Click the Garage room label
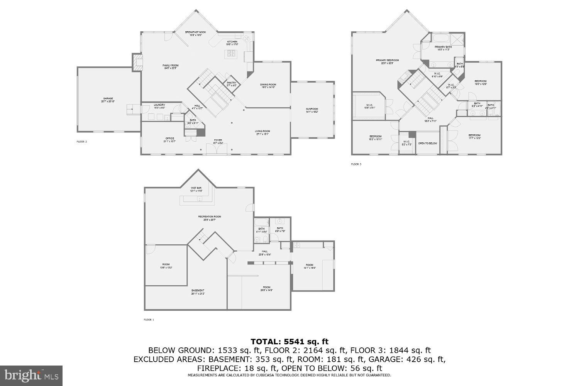(x=109, y=100)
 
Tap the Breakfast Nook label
(x=195, y=32)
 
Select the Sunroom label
(x=312, y=109)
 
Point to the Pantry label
(x=232, y=83)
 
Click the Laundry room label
(x=159, y=105)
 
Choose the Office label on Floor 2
(x=170, y=138)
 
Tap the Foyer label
(x=218, y=140)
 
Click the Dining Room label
(x=269, y=85)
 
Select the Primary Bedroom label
(x=387, y=60)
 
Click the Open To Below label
(x=428, y=143)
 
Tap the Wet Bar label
(x=196, y=188)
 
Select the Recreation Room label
(x=210, y=217)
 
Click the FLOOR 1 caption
(x=149, y=320)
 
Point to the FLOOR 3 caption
(x=356, y=164)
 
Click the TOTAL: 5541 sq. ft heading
(x=289, y=341)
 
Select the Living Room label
(x=262, y=131)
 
